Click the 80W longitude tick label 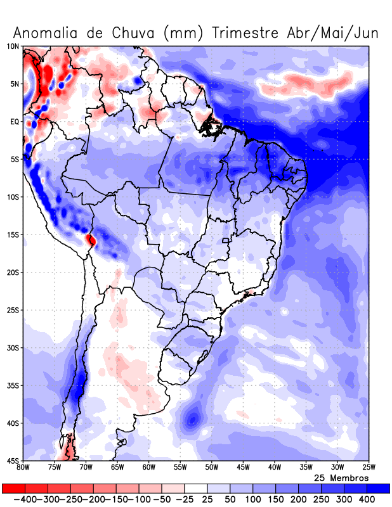(x=23, y=468)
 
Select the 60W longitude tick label (x=149, y=468)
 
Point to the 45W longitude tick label (x=243, y=468)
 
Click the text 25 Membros (x=341, y=477)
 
